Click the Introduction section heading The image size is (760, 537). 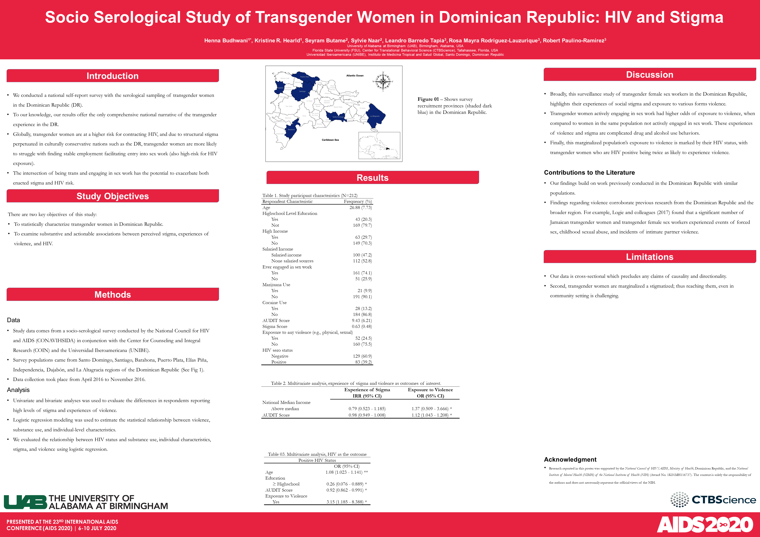click(112, 76)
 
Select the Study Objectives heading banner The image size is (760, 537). click(112, 196)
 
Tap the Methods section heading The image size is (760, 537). click(112, 294)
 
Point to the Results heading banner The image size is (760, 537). click(372, 178)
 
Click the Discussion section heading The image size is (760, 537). click(649, 74)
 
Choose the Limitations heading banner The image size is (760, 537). click(649, 257)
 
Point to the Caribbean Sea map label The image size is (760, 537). click(330, 140)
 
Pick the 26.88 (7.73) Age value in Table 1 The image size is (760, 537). click(361, 208)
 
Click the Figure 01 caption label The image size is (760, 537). click(428, 99)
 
